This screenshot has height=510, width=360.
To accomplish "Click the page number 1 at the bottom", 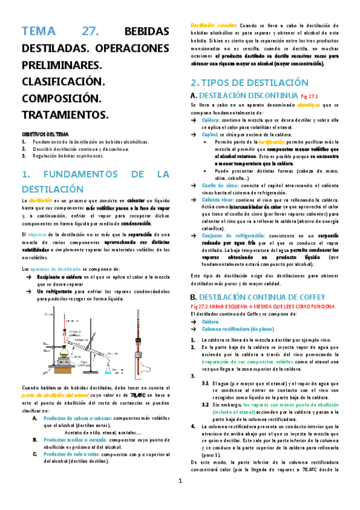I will [x=180, y=497].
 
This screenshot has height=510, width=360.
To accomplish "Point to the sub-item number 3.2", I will [x=206, y=388].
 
